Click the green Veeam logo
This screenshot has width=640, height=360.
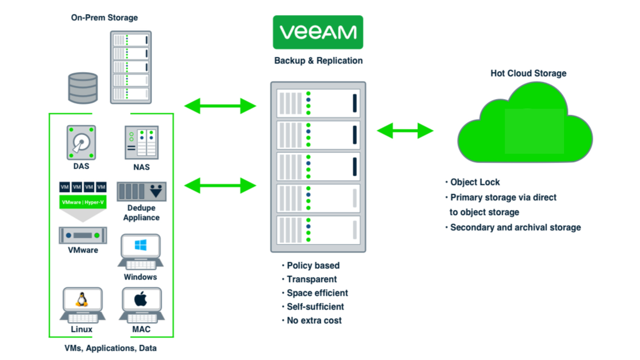pyautogui.click(x=318, y=32)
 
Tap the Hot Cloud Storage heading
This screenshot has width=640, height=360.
pyautogui.click(x=528, y=73)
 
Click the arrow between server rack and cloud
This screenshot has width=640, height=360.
pyautogui.click(x=405, y=131)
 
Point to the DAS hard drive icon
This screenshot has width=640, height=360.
pyautogui.click(x=81, y=143)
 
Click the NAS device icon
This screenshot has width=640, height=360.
pyautogui.click(x=141, y=143)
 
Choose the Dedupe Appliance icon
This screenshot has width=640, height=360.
pyautogui.click(x=141, y=191)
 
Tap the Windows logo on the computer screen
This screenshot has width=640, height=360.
pyautogui.click(x=141, y=245)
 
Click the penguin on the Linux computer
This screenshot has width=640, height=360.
pyautogui.click(x=82, y=299)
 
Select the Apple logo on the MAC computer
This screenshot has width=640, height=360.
pyautogui.click(x=141, y=299)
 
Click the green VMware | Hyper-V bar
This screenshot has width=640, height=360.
pyautogui.click(x=83, y=202)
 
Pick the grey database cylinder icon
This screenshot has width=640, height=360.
pyautogui.click(x=83, y=88)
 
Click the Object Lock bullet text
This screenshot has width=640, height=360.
pyautogui.click(x=475, y=182)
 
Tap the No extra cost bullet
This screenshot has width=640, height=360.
pyautogui.click(x=314, y=321)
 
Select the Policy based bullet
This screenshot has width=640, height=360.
pyautogui.click(x=313, y=266)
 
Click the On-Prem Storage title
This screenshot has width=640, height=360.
pyautogui.click(x=104, y=18)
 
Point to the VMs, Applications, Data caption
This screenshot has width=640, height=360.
pyautogui.click(x=110, y=348)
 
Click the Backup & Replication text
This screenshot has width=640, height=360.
pyautogui.click(x=318, y=61)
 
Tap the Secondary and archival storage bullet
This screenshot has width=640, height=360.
pyautogui.click(x=515, y=228)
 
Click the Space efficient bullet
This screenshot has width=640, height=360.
pyautogui.click(x=317, y=293)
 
